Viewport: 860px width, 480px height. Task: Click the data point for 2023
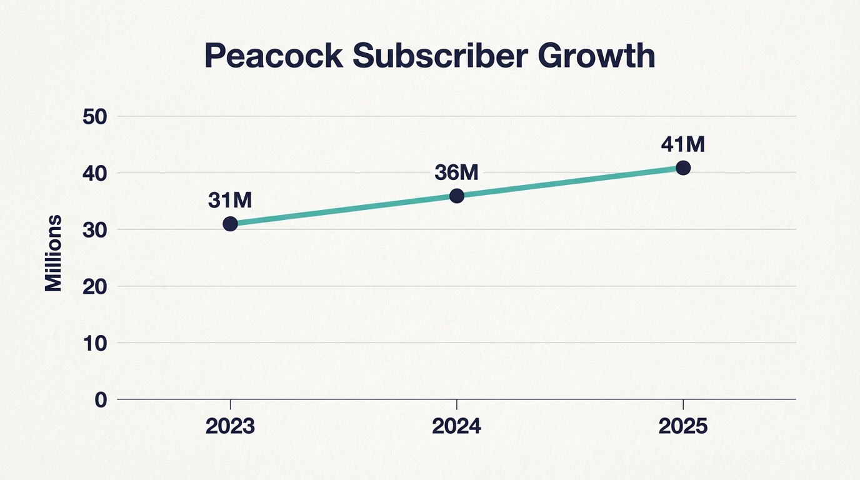[230, 224]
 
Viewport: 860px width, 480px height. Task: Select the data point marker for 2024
[457, 196]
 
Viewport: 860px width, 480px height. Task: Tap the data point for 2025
[683, 167]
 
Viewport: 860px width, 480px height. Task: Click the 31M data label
[229, 200]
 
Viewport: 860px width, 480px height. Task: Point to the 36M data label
[456, 172]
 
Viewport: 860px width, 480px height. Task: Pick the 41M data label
[682, 144]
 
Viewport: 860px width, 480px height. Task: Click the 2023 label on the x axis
[230, 426]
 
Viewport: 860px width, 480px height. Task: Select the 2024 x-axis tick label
[457, 426]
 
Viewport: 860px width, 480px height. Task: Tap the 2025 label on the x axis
[683, 426]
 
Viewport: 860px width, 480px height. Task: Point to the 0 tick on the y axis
[101, 400]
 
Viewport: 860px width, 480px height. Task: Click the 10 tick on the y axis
[96, 343]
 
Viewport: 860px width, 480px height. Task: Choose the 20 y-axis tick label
[96, 286]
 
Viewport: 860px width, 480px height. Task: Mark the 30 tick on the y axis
[96, 229]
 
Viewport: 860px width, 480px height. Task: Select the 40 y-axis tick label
[96, 173]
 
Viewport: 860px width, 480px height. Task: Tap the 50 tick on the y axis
[96, 116]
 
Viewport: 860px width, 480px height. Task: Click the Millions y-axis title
[54, 253]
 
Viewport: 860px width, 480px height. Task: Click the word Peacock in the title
[273, 56]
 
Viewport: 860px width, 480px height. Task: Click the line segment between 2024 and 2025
[570, 182]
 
